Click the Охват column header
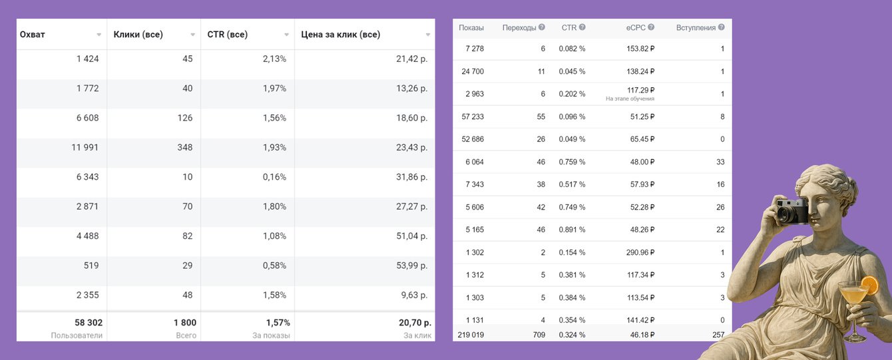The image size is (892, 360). click(x=33, y=35)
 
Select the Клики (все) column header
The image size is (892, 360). click(x=138, y=35)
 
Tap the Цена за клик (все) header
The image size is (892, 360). click(x=341, y=35)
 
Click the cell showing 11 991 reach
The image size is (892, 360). click(x=86, y=147)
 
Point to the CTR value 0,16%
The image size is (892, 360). click(x=274, y=177)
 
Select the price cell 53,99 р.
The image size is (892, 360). click(x=411, y=266)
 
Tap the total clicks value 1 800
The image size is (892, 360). click(x=184, y=323)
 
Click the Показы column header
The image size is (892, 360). click(x=471, y=28)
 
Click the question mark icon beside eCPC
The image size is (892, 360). click(x=651, y=27)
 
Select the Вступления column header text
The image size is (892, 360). click(x=696, y=28)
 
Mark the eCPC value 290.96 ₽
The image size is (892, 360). click(x=636, y=252)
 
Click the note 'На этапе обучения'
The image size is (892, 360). click(x=630, y=98)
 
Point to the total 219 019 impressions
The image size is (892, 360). click(x=471, y=335)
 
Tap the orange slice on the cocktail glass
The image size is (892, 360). click(x=869, y=285)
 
